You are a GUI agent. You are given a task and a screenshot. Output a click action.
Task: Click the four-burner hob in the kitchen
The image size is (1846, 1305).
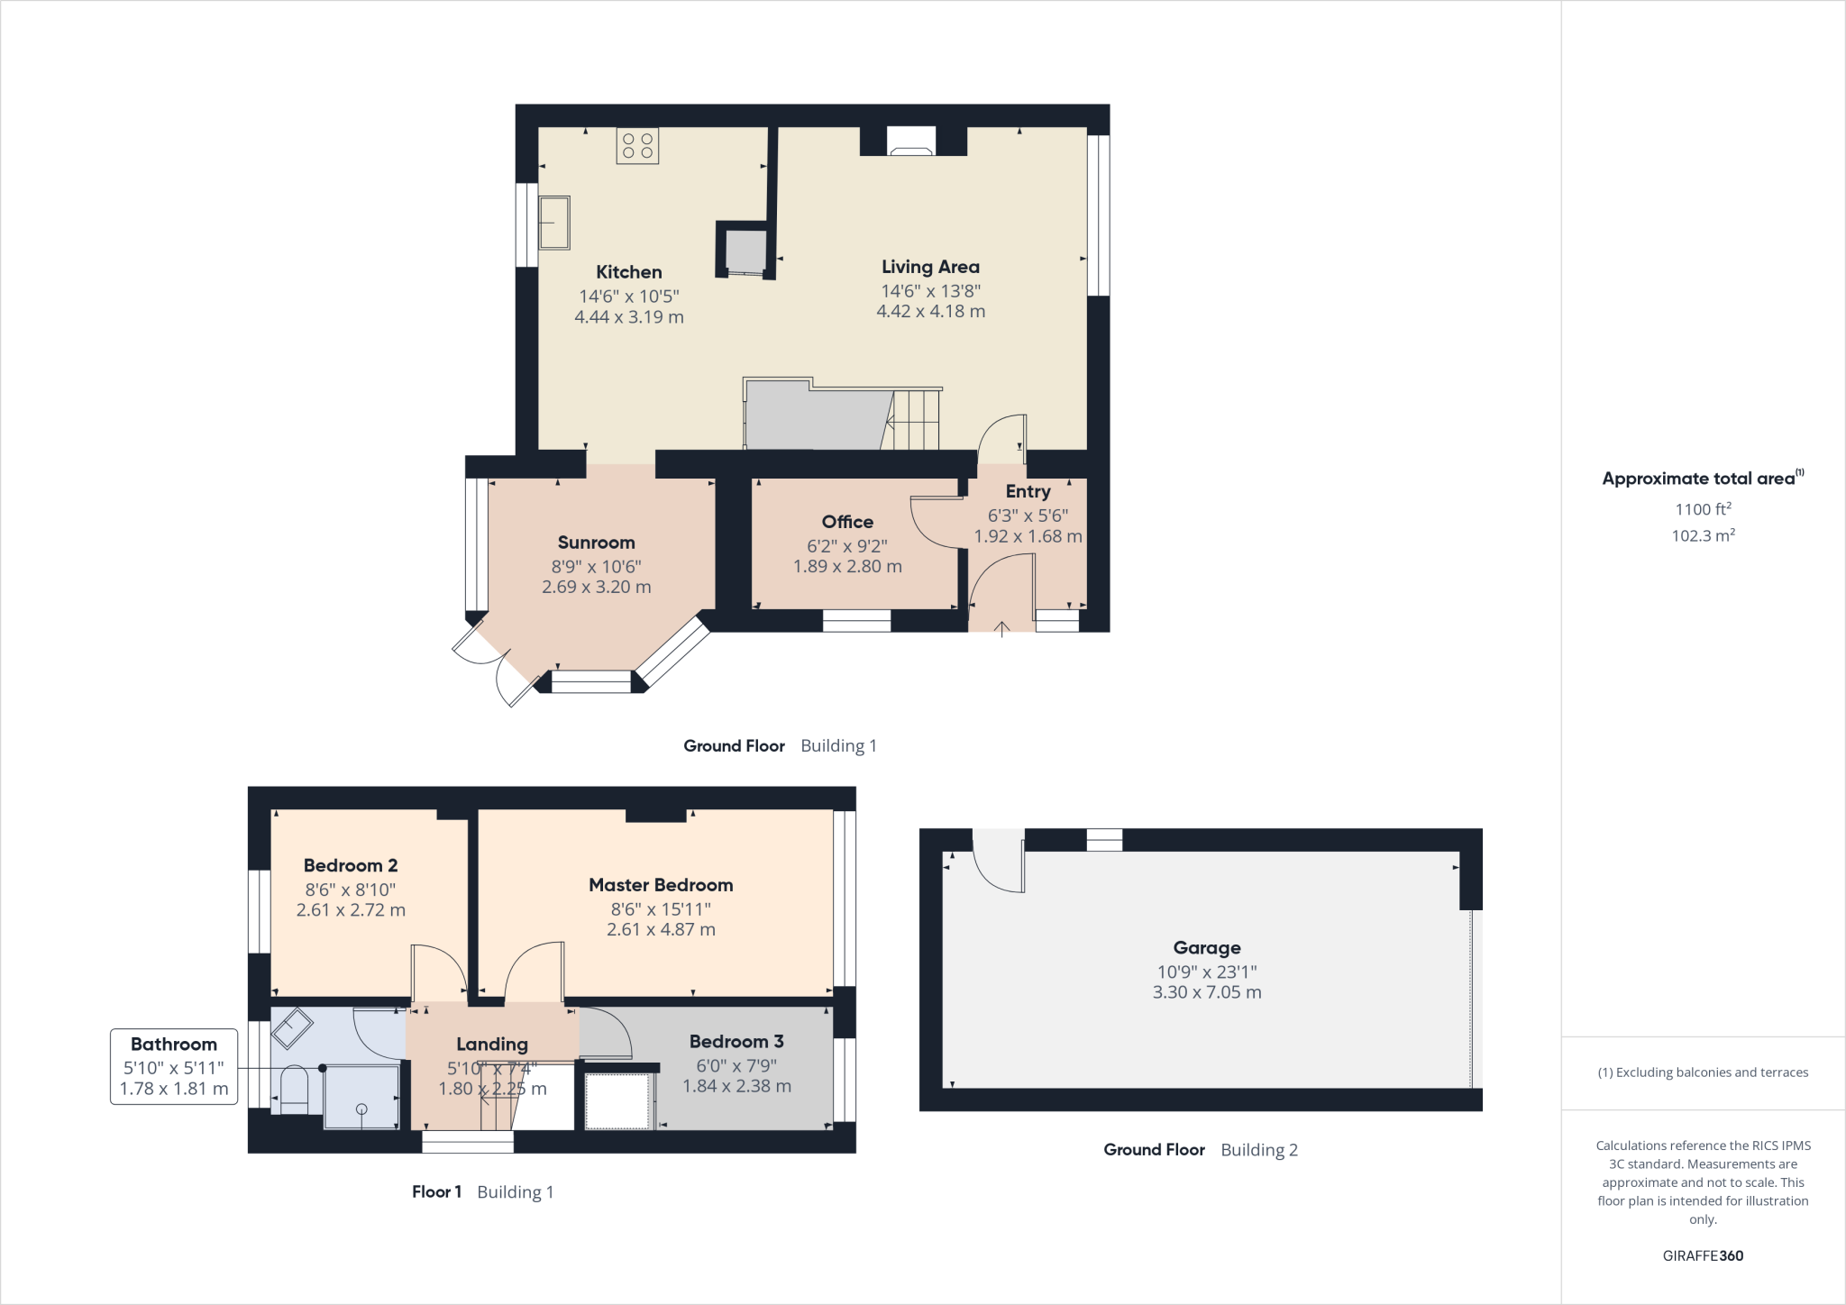tap(637, 146)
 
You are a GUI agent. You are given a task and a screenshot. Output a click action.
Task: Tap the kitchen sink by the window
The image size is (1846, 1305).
tap(553, 223)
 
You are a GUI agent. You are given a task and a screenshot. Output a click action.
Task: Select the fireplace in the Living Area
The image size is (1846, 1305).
tap(911, 142)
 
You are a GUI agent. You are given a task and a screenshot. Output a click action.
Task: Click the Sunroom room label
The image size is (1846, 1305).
tap(596, 543)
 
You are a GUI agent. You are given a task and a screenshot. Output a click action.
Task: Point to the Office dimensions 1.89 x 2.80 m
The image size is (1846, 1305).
tap(847, 567)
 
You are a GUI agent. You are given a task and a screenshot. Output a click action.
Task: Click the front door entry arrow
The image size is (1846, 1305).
tap(1002, 628)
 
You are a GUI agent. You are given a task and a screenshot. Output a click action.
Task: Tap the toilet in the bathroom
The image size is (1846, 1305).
tap(294, 1089)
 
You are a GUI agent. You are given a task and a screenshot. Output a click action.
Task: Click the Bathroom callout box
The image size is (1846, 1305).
tap(173, 1066)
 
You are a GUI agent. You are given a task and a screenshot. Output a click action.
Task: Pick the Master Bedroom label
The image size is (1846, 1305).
tap(661, 885)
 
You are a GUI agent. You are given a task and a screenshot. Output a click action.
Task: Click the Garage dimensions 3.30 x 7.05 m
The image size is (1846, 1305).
tap(1206, 992)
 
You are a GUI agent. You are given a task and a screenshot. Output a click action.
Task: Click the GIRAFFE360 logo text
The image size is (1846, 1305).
tap(1703, 1255)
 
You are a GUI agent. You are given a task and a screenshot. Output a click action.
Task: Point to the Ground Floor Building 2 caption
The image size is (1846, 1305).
tap(1200, 1150)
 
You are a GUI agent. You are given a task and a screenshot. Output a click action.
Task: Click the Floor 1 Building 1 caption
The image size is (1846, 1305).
tap(482, 1192)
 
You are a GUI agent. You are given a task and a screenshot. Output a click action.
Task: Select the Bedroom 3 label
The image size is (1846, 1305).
tap(736, 1042)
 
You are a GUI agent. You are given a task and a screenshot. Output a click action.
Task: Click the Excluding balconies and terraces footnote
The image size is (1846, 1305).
tap(1703, 1072)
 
